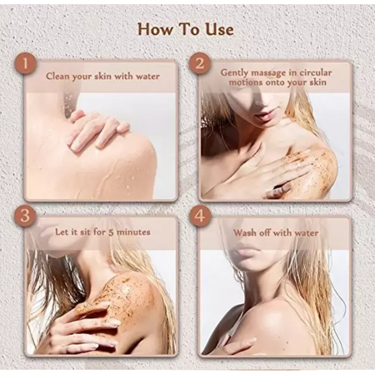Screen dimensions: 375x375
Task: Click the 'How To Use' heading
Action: (186, 30)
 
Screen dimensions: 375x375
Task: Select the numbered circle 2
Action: (200, 63)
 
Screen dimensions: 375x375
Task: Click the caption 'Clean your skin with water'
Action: (103, 76)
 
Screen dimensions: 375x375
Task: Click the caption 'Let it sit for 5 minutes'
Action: (103, 232)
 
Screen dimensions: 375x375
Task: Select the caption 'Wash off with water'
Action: (276, 232)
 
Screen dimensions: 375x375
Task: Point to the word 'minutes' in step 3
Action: (135, 232)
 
